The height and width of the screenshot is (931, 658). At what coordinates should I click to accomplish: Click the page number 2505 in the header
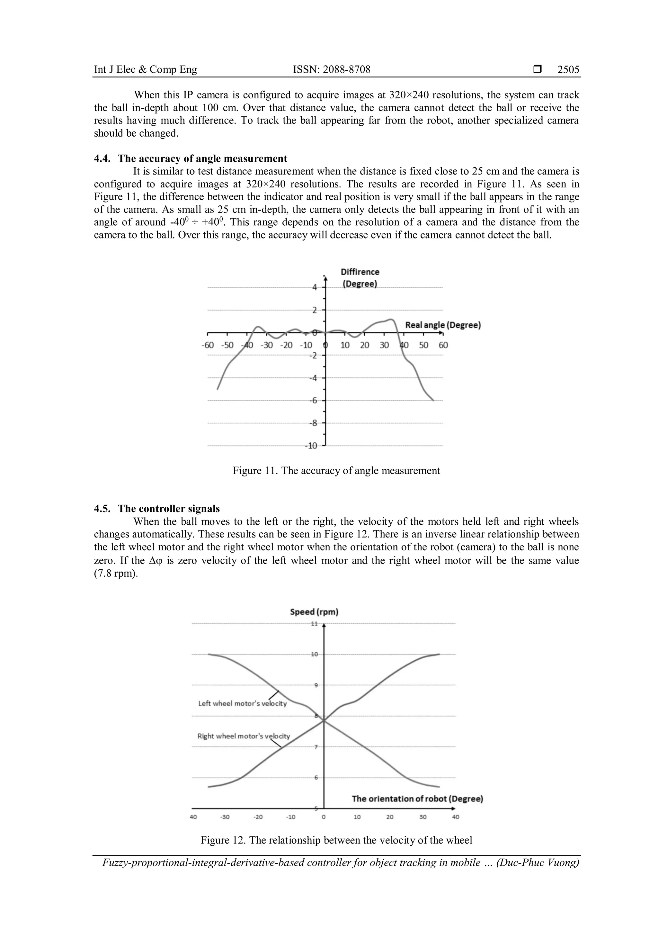tap(568, 69)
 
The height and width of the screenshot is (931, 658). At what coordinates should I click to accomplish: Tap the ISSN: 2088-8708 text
tap(332, 69)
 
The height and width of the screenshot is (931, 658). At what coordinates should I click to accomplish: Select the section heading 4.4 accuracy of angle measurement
tap(191, 158)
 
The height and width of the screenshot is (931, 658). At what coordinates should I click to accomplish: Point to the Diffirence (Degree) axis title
tap(360, 278)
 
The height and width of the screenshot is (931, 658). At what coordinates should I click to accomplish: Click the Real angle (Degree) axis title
tap(443, 325)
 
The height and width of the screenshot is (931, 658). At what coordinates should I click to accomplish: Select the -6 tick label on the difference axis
tap(313, 401)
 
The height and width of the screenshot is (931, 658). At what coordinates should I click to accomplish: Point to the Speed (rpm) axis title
tap(314, 612)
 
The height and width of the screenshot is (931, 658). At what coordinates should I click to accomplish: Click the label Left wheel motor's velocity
tap(242, 703)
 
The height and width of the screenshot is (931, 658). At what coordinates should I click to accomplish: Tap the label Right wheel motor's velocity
tap(244, 736)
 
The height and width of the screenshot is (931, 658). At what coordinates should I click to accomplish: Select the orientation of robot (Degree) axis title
tap(417, 799)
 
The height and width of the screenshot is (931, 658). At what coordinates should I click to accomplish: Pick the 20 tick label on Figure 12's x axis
tap(389, 817)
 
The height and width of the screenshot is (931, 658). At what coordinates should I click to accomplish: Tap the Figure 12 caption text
tap(336, 840)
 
